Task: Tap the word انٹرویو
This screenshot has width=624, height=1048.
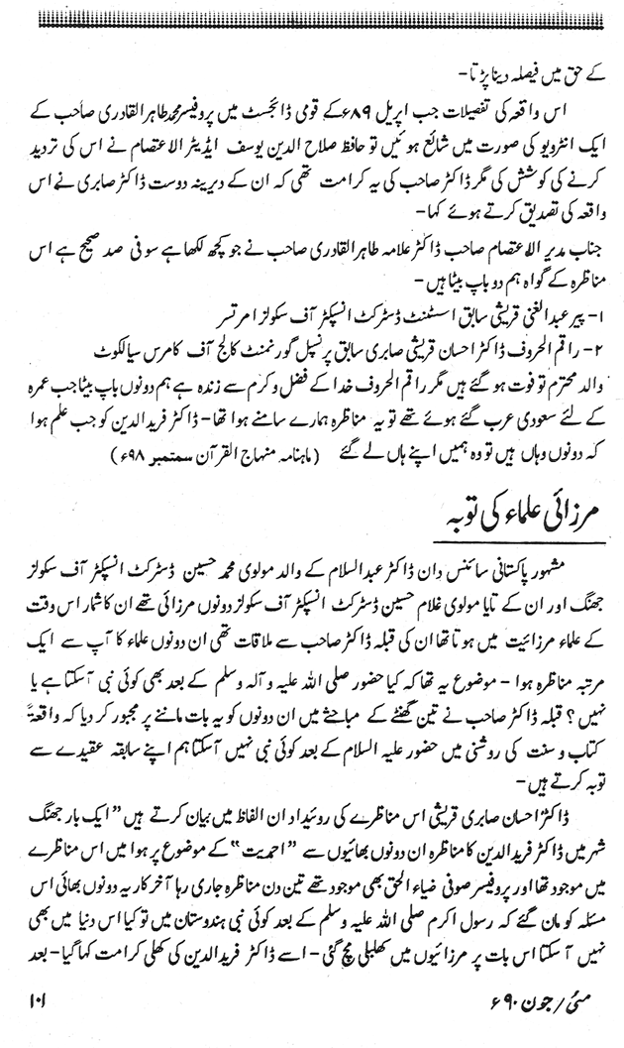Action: pyautogui.click(x=556, y=137)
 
